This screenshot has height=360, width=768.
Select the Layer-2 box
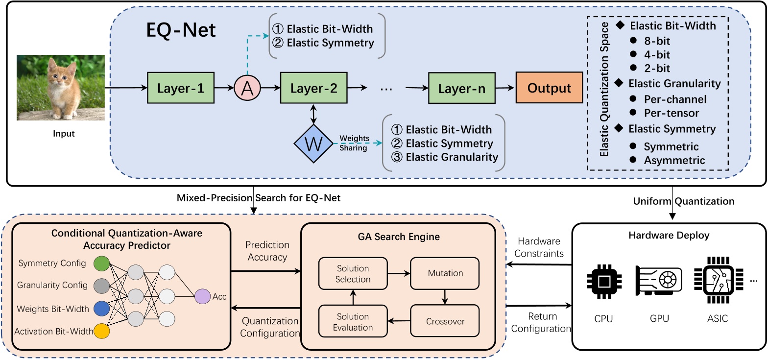[313, 88]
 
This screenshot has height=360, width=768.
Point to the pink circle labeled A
[247, 89]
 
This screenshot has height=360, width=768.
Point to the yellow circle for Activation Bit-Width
[101, 331]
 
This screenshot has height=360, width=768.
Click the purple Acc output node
[202, 296]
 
